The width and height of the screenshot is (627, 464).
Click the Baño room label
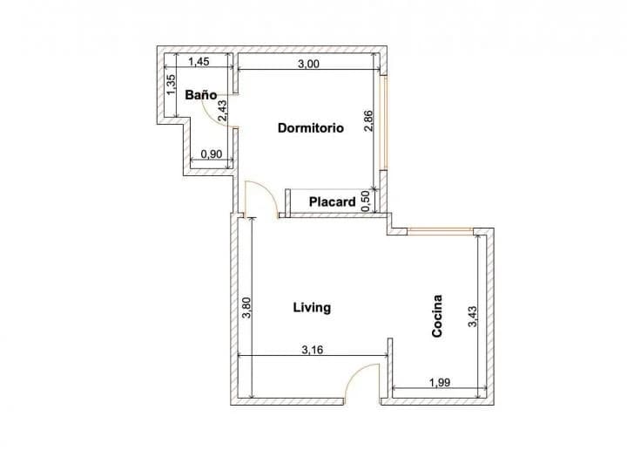click(x=201, y=95)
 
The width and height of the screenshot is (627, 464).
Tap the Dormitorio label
click(x=311, y=128)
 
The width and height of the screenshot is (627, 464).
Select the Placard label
click(x=333, y=201)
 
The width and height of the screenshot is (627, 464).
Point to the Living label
click(x=312, y=308)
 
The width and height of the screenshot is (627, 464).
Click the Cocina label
click(x=437, y=316)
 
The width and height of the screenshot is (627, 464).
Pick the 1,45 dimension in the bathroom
click(x=199, y=62)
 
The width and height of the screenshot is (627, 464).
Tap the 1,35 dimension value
click(x=171, y=85)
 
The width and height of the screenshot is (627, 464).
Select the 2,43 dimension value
click(x=222, y=111)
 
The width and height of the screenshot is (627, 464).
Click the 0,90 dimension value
click(x=211, y=154)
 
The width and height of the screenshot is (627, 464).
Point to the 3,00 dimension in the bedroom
click(x=308, y=64)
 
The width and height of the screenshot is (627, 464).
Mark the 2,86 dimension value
click(x=368, y=121)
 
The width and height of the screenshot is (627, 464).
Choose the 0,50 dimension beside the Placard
click(x=365, y=201)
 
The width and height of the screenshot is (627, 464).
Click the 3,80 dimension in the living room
click(x=246, y=308)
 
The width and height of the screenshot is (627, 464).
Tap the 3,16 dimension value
click(x=313, y=351)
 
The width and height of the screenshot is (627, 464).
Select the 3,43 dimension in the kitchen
click(x=472, y=317)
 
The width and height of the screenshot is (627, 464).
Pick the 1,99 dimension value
click(x=440, y=383)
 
